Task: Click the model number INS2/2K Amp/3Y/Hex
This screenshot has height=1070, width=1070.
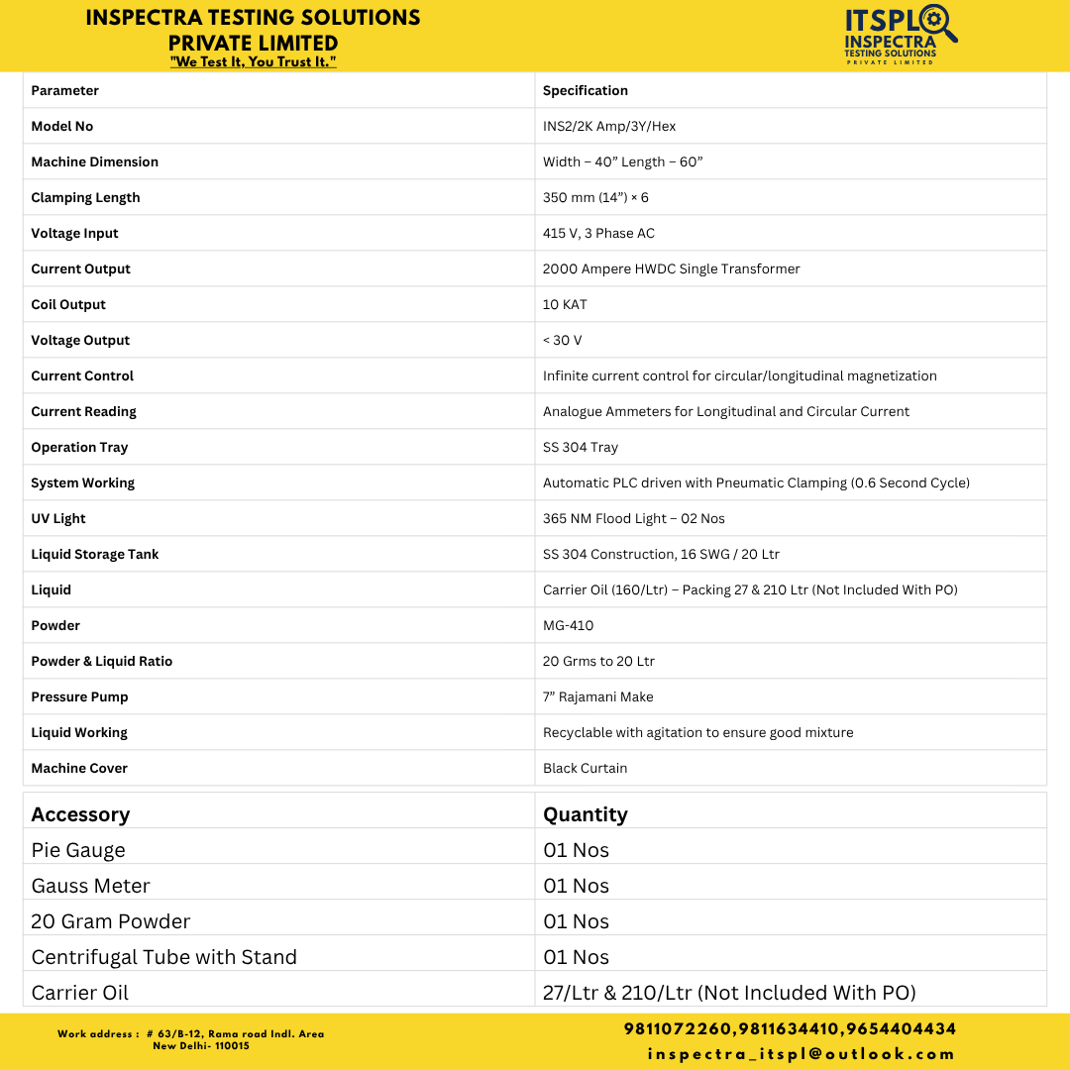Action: pyautogui.click(x=609, y=126)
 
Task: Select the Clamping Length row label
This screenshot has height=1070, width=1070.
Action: pyautogui.click(x=85, y=197)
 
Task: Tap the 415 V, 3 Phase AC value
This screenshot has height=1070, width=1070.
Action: pyautogui.click(x=598, y=233)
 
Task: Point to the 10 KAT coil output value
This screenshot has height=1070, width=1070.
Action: pyautogui.click(x=565, y=304)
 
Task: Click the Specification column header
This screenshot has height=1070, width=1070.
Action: pyautogui.click(x=586, y=90)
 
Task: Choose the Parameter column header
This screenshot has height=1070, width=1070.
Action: pyautogui.click(x=65, y=90)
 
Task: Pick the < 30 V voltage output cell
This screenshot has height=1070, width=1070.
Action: pyautogui.click(x=563, y=340)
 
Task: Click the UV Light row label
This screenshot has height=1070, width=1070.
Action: pyautogui.click(x=58, y=518)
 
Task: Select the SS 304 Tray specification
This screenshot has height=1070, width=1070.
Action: pyautogui.click(x=581, y=447)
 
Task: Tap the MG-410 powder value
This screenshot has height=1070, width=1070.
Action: pyautogui.click(x=569, y=625)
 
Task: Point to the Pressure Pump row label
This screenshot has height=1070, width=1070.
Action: pyautogui.click(x=79, y=696)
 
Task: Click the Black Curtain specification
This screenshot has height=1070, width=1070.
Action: pyautogui.click(x=586, y=768)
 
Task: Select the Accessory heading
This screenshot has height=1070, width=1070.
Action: pyautogui.click(x=80, y=814)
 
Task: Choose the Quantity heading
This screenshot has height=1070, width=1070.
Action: pyautogui.click(x=586, y=814)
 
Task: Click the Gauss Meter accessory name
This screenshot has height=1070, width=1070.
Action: pyautogui.click(x=91, y=886)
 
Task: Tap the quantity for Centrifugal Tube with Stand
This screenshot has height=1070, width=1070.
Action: pyautogui.click(x=577, y=957)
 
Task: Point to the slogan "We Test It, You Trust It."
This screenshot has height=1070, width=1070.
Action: pyautogui.click(x=254, y=62)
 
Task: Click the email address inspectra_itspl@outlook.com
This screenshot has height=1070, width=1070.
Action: pyautogui.click(x=802, y=1053)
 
